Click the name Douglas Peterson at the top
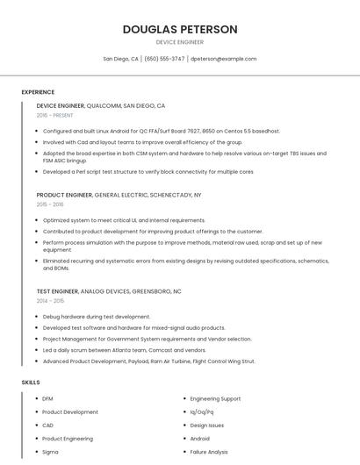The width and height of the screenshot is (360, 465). click(179, 29)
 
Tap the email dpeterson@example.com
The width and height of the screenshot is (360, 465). click(223, 59)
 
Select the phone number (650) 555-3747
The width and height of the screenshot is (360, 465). click(164, 59)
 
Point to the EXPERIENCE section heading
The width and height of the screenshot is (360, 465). click(38, 92)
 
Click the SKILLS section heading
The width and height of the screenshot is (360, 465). click(31, 383)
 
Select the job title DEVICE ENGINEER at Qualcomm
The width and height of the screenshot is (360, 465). click(61, 105)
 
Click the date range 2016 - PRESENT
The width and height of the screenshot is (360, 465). click(56, 115)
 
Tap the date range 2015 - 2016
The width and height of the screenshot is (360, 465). click(50, 204)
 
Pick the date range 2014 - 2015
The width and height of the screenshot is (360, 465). click(50, 300)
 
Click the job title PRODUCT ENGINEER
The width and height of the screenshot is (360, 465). click(64, 194)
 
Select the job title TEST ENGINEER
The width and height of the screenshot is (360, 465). click(57, 290)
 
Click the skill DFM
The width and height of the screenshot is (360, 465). click(47, 399)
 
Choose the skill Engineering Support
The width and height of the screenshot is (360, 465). click(215, 399)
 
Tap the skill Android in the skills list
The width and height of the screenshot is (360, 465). click(200, 439)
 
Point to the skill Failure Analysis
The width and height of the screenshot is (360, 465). click(209, 452)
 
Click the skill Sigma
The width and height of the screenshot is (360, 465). click(50, 452)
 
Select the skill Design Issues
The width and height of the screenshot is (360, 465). click(207, 426)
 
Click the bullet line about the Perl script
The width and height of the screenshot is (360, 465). click(148, 172)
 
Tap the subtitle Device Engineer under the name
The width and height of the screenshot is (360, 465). click(179, 42)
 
